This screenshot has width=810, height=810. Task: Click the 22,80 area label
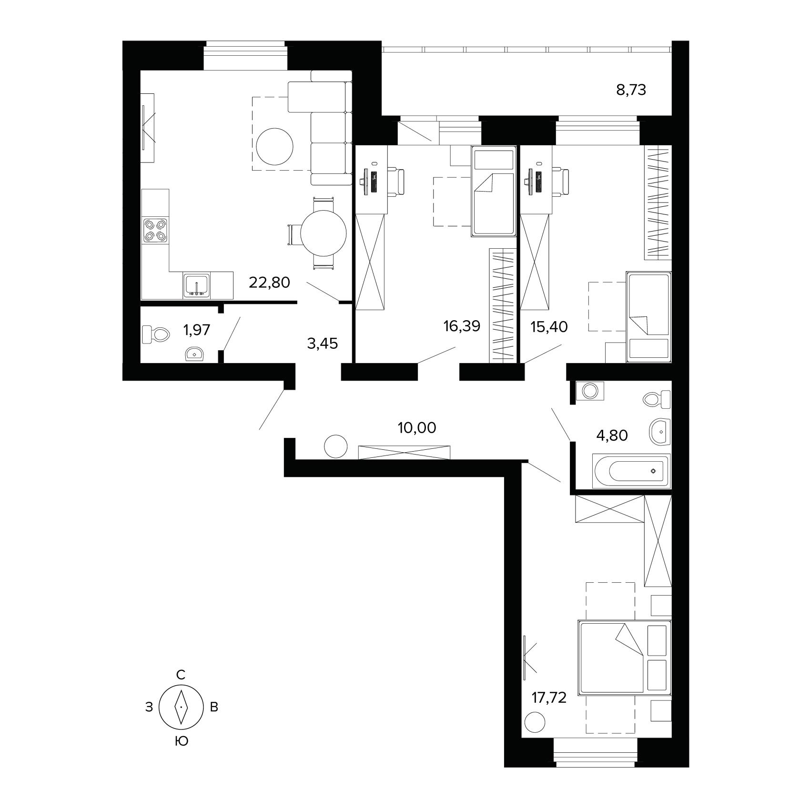pyautogui.click(x=269, y=283)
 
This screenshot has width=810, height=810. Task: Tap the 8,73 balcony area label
pyautogui.click(x=631, y=90)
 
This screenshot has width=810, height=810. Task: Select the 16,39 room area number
pyautogui.click(x=461, y=326)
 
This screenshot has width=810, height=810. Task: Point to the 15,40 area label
pyautogui.click(x=549, y=326)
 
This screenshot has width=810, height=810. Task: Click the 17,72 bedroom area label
pyautogui.click(x=549, y=699)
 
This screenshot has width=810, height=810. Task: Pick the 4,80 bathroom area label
pyautogui.click(x=612, y=435)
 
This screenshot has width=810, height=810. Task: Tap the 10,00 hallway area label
pyautogui.click(x=417, y=428)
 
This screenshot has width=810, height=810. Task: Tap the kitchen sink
pyautogui.click(x=197, y=286)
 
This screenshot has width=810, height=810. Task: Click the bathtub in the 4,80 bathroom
pyautogui.click(x=631, y=471)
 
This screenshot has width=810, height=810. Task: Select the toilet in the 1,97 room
pyautogui.click(x=156, y=334)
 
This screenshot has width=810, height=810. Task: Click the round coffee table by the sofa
pyautogui.click(x=275, y=147)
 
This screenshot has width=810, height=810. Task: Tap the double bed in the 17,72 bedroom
pyautogui.click(x=624, y=657)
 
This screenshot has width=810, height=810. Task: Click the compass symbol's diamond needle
pyautogui.click(x=181, y=707)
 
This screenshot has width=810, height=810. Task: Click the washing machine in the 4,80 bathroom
pyautogui.click(x=590, y=391)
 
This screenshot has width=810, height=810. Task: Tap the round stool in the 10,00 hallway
pyautogui.click(x=336, y=446)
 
